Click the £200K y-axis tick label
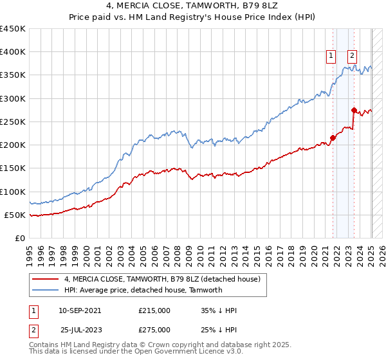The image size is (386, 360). pyautogui.click(x=13, y=145)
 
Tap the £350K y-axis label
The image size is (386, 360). pyautogui.click(x=13, y=75)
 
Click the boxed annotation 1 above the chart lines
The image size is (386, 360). pyautogui.click(x=331, y=56)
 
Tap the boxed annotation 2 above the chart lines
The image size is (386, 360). pyautogui.click(x=353, y=56)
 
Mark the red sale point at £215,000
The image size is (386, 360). pyautogui.click(x=333, y=138)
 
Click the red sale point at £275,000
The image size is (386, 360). pyautogui.click(x=354, y=110)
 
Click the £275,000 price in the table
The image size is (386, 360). pyautogui.click(x=154, y=330)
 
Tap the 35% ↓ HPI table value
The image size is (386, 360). pyautogui.click(x=219, y=310)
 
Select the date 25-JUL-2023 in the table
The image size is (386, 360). pyautogui.click(x=80, y=330)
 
